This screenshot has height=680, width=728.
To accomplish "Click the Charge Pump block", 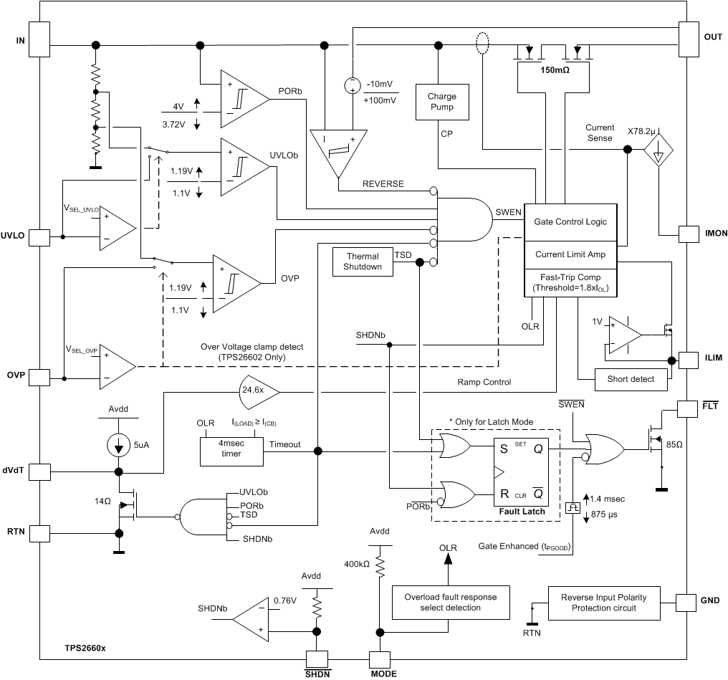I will (441, 102).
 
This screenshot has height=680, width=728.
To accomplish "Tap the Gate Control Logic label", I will (570, 221).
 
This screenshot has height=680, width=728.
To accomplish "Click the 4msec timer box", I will (231, 450).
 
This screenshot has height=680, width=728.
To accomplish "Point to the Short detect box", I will (631, 379).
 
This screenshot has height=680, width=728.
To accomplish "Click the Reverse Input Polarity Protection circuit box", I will (604, 603).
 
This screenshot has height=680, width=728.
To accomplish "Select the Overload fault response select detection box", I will (449, 603).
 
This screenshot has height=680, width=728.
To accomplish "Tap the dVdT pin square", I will (40, 471).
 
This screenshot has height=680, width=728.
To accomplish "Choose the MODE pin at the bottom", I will (379, 660).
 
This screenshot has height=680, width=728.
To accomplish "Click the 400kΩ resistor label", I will (355, 565).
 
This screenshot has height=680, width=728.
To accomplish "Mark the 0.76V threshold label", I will (284, 600).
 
